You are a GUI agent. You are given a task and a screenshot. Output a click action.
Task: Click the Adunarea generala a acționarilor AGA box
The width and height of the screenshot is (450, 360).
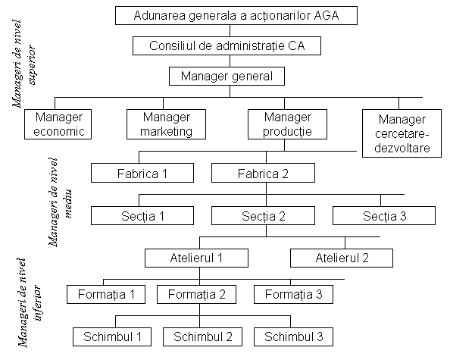236,15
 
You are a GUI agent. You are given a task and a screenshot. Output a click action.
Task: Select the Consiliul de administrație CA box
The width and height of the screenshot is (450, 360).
227,46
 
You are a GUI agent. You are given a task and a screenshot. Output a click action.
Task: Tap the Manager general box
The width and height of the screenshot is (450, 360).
227,76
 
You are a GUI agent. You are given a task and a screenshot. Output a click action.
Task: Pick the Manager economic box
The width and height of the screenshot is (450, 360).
58,124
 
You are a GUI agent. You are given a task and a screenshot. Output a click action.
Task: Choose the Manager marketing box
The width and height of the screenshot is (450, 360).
166,124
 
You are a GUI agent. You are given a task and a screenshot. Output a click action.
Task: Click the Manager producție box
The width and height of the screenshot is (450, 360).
287,124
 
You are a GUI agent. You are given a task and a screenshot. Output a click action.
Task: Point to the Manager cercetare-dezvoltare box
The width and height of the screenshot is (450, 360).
402,133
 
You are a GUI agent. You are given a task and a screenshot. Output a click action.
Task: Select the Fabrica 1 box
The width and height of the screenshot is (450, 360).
142,173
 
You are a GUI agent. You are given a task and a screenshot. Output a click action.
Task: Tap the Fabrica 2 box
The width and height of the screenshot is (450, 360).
263,173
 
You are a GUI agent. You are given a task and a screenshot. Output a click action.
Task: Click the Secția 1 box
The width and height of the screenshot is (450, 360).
142,215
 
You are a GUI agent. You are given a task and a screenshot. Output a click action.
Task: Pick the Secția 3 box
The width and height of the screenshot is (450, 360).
384,215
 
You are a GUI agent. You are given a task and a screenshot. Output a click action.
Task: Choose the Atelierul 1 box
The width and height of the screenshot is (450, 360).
196,258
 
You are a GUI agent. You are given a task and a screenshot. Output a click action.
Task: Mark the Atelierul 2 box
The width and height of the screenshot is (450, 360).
342,258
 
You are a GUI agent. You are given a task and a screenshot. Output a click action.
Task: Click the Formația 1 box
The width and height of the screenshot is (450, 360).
106,294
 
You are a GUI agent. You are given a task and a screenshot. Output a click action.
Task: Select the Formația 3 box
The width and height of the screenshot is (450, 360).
294,294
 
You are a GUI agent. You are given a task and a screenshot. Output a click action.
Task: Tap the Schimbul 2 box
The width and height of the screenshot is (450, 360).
202,337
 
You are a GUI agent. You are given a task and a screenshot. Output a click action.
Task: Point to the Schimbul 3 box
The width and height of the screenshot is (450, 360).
294,337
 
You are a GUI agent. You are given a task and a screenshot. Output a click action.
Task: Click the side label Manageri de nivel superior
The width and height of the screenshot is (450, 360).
24,64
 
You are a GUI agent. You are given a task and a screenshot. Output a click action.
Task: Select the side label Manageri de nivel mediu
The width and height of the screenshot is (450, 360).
61,202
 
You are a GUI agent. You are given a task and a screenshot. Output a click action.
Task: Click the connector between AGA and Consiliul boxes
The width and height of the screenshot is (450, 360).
230,31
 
